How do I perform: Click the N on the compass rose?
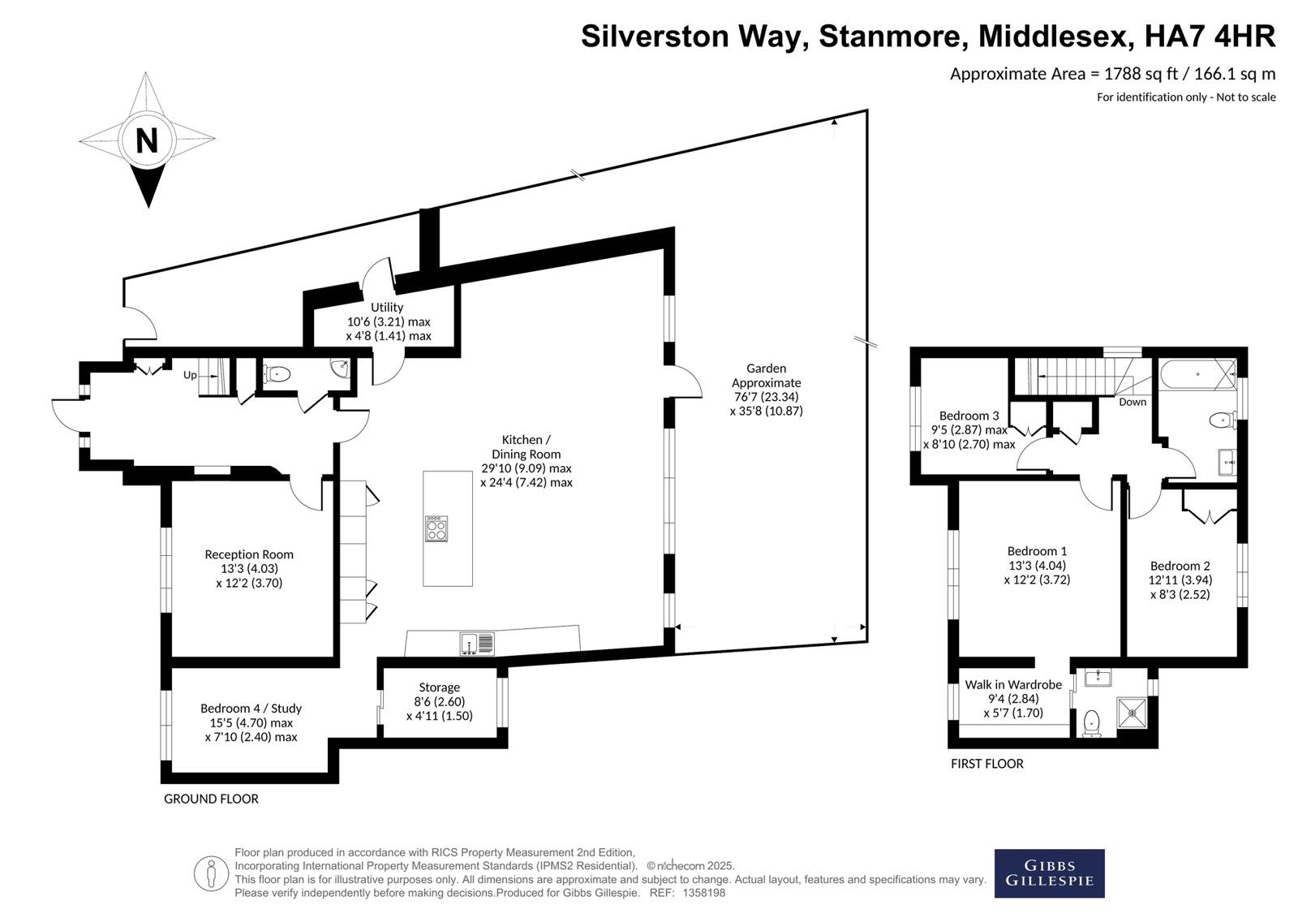pyautogui.click(x=147, y=140)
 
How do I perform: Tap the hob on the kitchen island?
pyautogui.click(x=436, y=528)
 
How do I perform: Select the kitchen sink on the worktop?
pyautogui.click(x=477, y=644)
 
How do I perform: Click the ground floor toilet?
pyautogui.click(x=276, y=374)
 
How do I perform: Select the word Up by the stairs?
pyautogui.click(x=190, y=375)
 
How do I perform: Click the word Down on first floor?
pyautogui.click(x=1133, y=402)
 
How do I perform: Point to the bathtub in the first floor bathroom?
pyautogui.click(x=1197, y=374)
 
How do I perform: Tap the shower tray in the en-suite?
pyautogui.click(x=1132, y=712)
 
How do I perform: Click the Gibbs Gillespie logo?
pyautogui.click(x=1050, y=873)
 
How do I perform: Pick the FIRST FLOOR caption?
pyautogui.click(x=986, y=764)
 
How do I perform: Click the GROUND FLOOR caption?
pyautogui.click(x=211, y=799)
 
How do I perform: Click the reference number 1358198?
pyautogui.click(x=704, y=893)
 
